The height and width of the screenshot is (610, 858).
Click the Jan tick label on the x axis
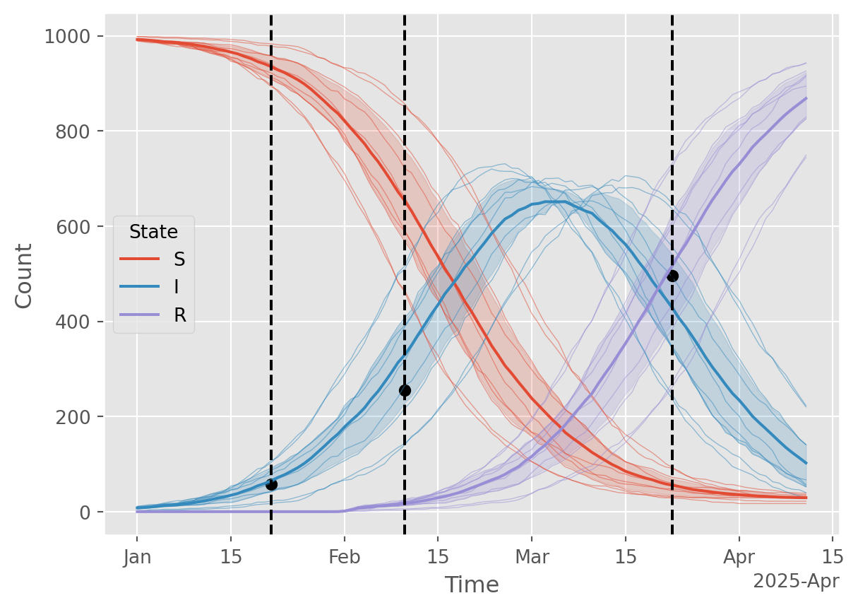coord(138,558)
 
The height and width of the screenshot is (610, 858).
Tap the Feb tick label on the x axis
coord(345,558)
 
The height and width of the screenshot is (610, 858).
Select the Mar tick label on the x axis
coord(532,558)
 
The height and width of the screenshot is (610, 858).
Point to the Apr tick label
coord(739,558)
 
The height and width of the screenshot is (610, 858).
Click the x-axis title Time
coord(472,585)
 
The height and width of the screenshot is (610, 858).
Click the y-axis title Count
coord(25,275)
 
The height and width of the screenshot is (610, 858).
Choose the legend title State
coord(153,231)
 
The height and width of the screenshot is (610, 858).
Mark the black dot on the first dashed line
coord(271,484)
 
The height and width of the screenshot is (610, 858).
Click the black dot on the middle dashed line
coord(405,390)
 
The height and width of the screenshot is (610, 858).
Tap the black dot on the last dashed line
coord(672,276)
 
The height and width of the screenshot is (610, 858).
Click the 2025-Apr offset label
coord(796,582)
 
